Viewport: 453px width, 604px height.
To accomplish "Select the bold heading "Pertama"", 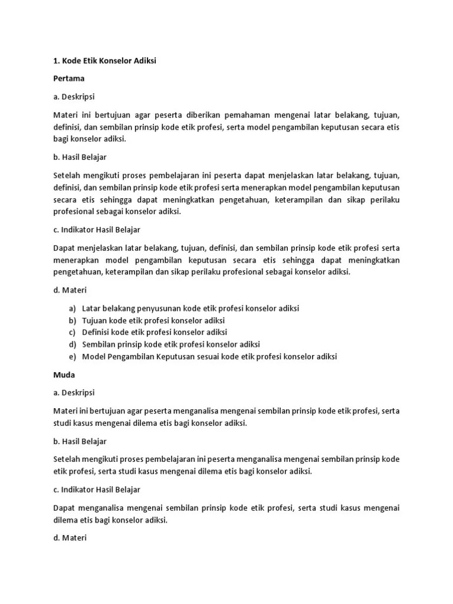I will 68,78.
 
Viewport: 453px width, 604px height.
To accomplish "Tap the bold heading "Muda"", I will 64,375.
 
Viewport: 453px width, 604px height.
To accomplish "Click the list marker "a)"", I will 72,308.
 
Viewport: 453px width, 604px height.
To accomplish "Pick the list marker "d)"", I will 72,344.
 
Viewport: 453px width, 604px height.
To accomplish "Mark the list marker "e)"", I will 72,356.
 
